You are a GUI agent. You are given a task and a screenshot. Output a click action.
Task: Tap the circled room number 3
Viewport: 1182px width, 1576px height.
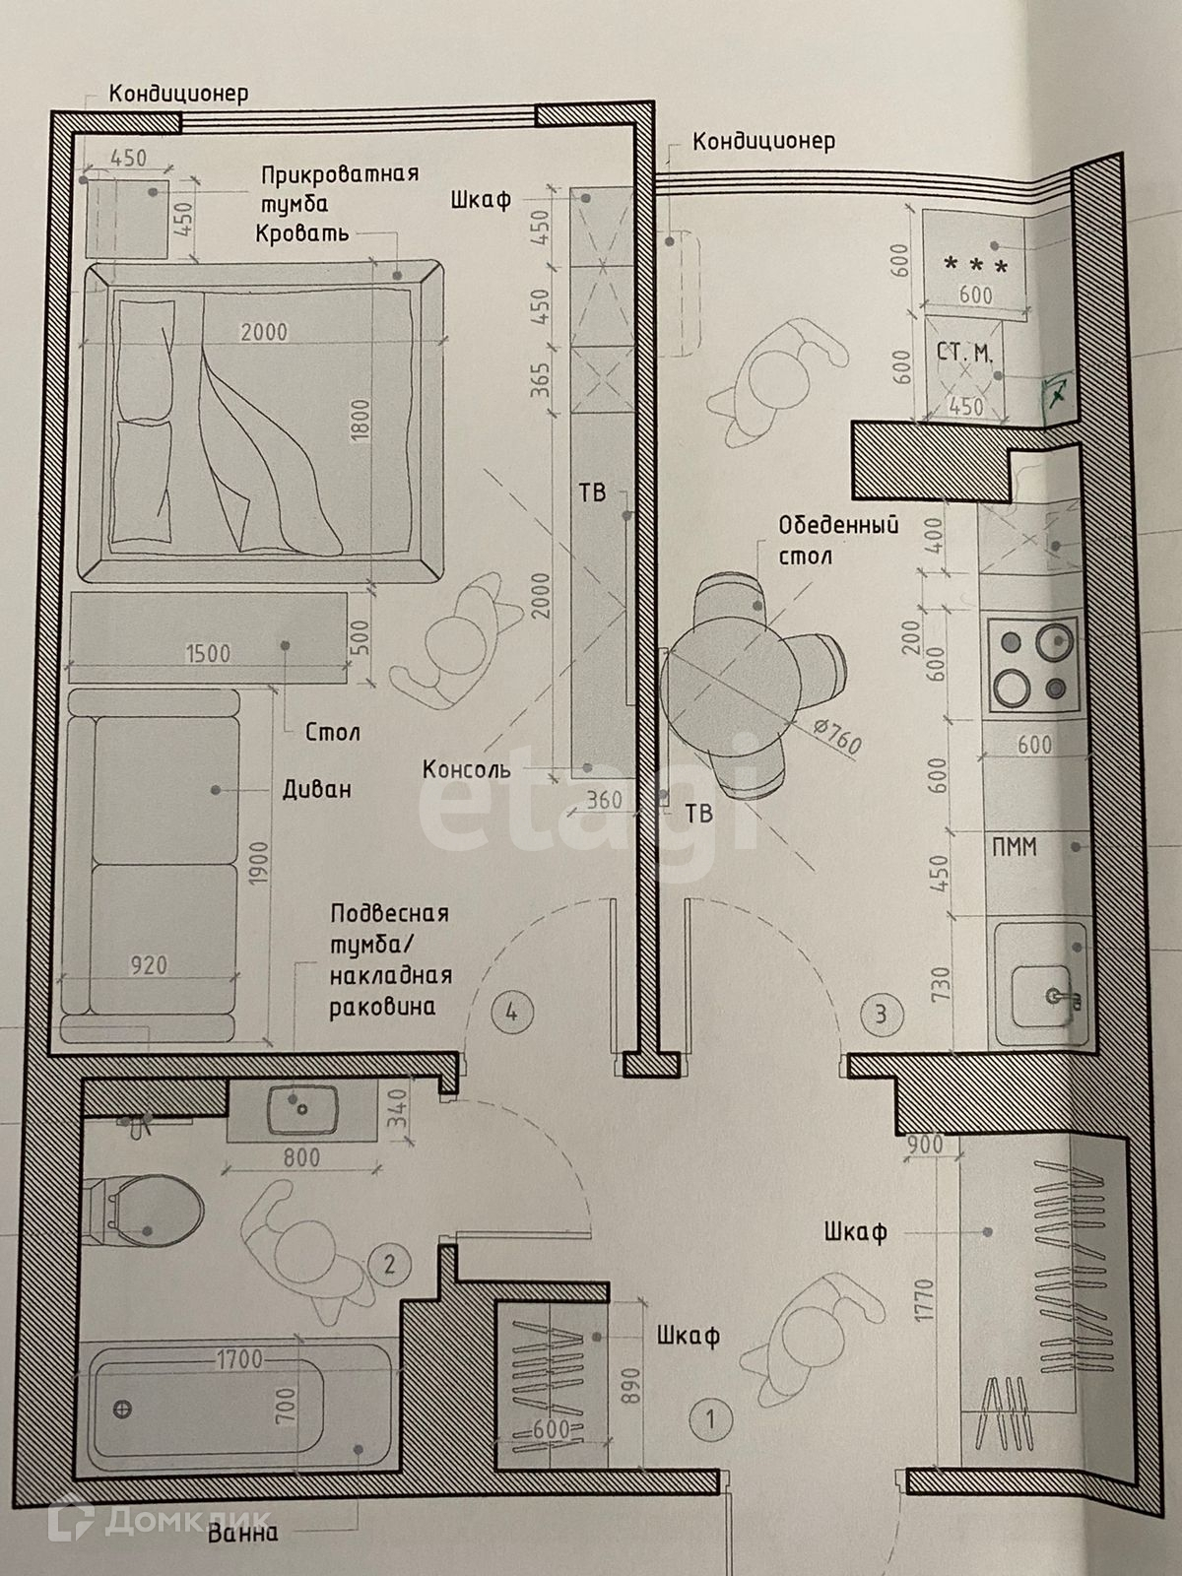880,1013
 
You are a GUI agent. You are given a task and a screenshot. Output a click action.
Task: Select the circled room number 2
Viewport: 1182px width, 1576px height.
390,1263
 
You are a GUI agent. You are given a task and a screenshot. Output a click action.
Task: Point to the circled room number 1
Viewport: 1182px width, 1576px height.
710,1419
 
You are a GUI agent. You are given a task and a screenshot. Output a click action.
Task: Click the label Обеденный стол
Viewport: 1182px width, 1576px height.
837,540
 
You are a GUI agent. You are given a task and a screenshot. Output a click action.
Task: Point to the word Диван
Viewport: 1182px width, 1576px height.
316,789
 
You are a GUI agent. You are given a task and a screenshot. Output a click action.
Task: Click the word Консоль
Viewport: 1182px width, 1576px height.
466,768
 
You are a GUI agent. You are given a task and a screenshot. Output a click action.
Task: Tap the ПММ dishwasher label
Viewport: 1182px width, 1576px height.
1016,845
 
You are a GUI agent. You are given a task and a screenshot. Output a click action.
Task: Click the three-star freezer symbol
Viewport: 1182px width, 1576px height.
975,265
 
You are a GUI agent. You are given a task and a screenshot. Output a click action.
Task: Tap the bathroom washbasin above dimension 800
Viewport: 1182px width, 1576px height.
301,1109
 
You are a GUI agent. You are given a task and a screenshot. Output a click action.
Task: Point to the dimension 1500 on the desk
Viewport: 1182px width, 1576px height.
208,653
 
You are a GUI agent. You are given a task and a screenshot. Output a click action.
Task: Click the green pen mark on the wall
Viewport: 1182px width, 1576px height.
1058,394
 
